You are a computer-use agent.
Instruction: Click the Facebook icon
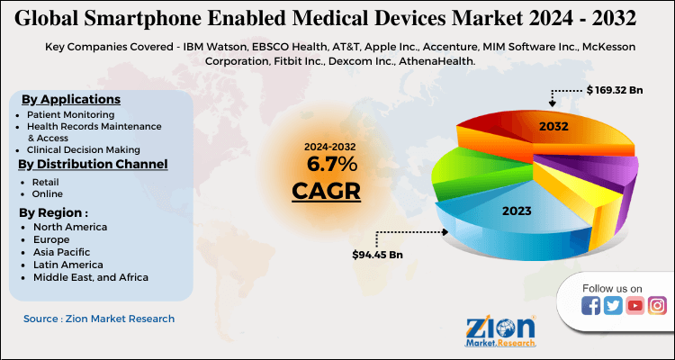click(x=591, y=306)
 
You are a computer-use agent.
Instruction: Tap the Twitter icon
click(x=613, y=306)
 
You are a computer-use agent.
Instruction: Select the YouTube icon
click(x=634, y=306)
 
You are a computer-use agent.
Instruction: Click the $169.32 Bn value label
click(x=616, y=90)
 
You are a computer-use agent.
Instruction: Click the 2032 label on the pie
click(x=553, y=127)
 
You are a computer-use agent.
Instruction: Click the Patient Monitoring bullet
click(x=70, y=116)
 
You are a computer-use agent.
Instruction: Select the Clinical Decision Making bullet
click(x=83, y=148)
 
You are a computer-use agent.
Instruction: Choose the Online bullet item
click(x=47, y=193)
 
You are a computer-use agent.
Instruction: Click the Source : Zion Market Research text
click(x=99, y=319)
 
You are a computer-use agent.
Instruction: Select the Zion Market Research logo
click(x=501, y=331)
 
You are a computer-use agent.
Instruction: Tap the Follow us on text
click(x=612, y=288)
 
